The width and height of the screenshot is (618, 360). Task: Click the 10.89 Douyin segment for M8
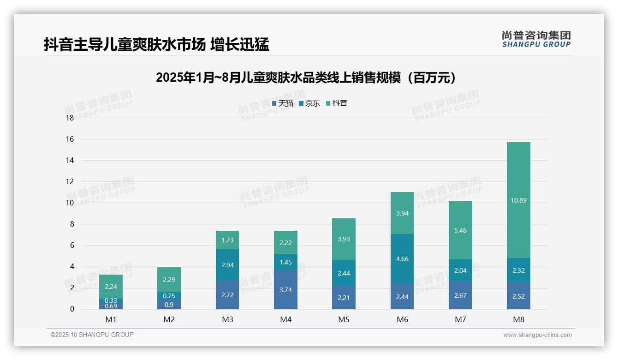click(x=518, y=200)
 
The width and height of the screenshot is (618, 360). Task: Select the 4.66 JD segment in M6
click(x=402, y=259)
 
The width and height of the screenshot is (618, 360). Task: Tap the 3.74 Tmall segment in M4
click(x=285, y=290)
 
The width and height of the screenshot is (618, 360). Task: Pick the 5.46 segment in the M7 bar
click(x=460, y=230)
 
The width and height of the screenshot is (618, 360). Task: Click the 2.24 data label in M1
click(x=111, y=286)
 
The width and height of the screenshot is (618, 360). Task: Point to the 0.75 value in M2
click(x=169, y=296)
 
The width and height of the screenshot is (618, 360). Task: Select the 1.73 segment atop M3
click(x=227, y=240)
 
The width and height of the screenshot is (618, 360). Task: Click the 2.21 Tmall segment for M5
click(x=344, y=298)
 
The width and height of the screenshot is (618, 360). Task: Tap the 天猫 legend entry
click(x=283, y=103)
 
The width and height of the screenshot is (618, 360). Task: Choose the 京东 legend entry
click(x=309, y=103)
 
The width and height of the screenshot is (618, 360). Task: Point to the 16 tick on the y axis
click(x=70, y=139)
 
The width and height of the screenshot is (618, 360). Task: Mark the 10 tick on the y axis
click(x=70, y=203)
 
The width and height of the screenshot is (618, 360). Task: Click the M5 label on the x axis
click(x=344, y=319)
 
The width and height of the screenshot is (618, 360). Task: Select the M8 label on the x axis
click(x=518, y=319)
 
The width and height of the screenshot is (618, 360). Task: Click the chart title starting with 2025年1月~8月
click(x=306, y=78)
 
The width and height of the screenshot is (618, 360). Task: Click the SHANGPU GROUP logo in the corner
click(x=536, y=39)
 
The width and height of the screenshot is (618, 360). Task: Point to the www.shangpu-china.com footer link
click(x=537, y=335)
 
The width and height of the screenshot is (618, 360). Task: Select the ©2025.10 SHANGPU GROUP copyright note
click(x=92, y=335)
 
